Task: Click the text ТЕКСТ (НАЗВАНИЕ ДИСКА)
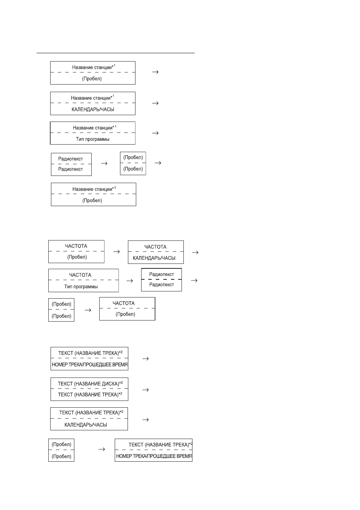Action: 89,384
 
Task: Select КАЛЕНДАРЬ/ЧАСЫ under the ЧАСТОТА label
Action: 154,258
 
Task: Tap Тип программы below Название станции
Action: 92,139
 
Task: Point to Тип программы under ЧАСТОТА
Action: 81,287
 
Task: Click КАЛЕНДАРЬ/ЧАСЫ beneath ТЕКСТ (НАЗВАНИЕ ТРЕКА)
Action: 86,425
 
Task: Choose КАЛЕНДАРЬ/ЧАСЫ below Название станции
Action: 93,109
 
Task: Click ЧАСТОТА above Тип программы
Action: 80,275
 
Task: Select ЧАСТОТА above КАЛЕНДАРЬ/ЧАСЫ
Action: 155,247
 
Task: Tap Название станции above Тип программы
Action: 92,128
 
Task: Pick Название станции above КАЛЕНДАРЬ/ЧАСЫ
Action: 91,98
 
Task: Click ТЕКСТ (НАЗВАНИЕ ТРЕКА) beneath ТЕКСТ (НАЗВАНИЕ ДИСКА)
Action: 88,394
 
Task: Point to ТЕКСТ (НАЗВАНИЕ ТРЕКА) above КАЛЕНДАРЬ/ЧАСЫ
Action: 89,413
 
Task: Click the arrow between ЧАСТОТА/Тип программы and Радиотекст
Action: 130,281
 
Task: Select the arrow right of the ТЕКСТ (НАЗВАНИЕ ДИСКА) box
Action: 146,390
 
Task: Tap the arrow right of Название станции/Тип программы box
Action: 155,133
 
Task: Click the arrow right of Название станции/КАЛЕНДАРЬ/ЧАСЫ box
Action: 155,103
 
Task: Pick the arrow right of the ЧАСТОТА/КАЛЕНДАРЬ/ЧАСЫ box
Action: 195,252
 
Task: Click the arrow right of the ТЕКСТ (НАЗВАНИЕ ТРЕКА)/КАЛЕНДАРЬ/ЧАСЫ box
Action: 146,420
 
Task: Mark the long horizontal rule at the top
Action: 115,53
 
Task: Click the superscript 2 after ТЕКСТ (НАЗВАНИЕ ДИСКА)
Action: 122,382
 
